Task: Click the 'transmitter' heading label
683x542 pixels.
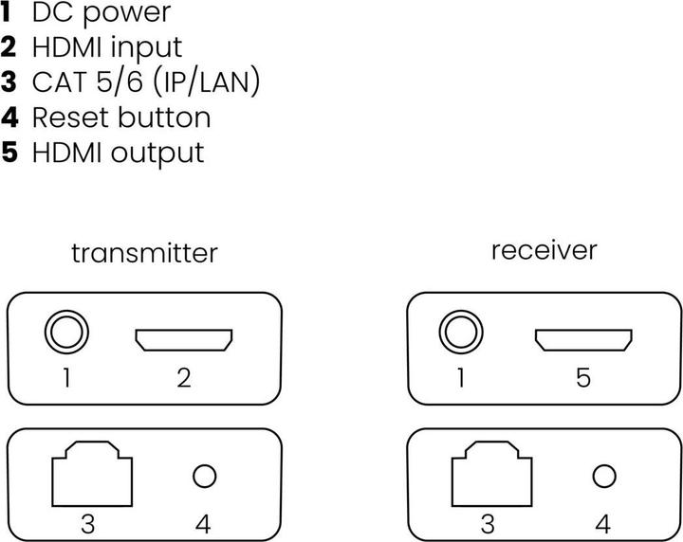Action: pos(144,253)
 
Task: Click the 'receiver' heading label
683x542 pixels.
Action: pos(544,250)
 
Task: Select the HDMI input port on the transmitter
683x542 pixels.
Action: pos(184,340)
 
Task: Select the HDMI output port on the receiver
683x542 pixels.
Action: pos(582,340)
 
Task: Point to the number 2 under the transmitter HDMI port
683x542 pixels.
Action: pos(184,379)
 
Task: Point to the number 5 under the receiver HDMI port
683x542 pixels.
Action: pos(582,379)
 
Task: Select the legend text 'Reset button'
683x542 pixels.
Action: pos(120,117)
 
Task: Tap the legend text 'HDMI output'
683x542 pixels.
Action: pos(118,153)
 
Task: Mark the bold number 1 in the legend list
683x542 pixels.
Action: pos(9,13)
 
